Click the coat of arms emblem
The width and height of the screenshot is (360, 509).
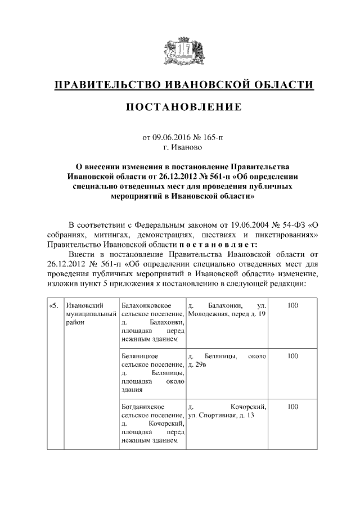coord(179,52)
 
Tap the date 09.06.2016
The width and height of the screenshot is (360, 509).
coord(172,137)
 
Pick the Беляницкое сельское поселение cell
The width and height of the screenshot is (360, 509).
coord(152,372)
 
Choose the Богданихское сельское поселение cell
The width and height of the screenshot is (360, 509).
coord(152,423)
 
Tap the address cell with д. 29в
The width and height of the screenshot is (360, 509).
coord(227,361)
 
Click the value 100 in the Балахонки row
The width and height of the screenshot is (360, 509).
coord(292,305)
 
